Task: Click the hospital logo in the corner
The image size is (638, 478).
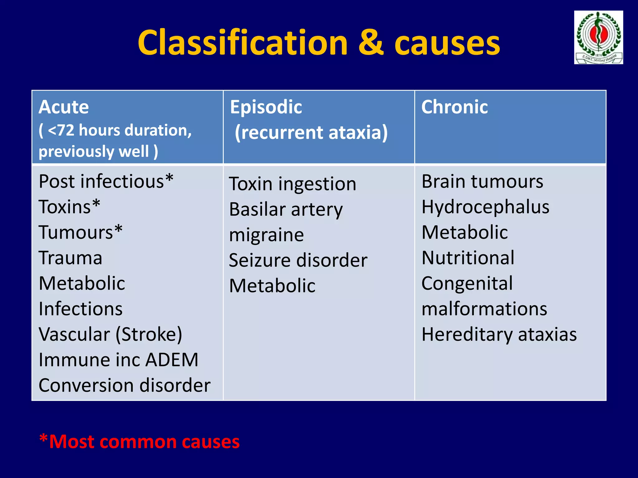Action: tap(598, 37)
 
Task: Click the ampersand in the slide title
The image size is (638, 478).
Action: tap(370, 43)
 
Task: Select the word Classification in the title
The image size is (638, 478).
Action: tap(242, 43)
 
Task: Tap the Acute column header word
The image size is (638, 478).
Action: tap(64, 107)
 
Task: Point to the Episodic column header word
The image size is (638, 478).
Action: tap(266, 107)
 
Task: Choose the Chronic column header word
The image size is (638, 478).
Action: tap(454, 107)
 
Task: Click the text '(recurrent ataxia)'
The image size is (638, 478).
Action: tap(311, 132)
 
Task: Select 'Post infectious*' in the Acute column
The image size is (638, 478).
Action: tap(106, 181)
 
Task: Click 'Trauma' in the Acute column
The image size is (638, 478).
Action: tap(70, 258)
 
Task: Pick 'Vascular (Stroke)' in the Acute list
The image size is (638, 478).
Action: tap(110, 335)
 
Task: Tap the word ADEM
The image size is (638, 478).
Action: tap(172, 360)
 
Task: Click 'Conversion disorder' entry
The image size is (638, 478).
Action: tap(124, 385)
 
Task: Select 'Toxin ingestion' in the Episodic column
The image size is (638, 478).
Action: tap(292, 184)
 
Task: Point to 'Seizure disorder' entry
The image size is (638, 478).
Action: tap(298, 260)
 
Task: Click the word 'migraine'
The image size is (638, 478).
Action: tap(266, 235)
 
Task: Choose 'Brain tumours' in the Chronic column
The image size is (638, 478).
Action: tap(482, 181)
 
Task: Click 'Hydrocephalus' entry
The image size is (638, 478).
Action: tap(485, 207)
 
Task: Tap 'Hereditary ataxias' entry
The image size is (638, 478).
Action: tap(499, 335)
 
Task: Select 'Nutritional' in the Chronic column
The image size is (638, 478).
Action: tap(468, 258)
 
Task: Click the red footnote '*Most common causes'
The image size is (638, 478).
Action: tap(139, 442)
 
